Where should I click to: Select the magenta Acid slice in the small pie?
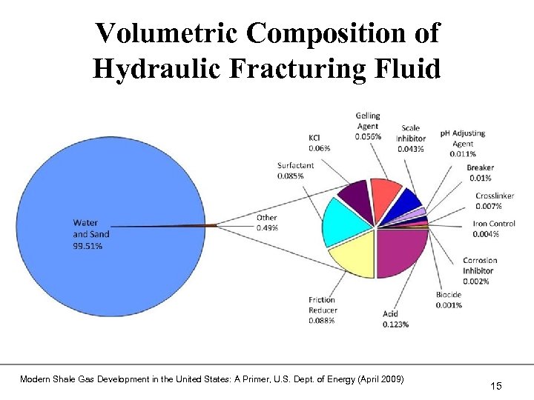400,252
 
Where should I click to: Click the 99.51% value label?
88,246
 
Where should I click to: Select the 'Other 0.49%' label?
267,222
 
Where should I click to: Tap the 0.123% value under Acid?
395,324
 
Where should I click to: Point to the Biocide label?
449,295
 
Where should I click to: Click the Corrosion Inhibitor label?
480,265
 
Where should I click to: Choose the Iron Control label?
494,224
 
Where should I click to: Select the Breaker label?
480,168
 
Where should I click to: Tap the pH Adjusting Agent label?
462,139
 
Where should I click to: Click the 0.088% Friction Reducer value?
322,321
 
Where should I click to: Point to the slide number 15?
496,385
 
